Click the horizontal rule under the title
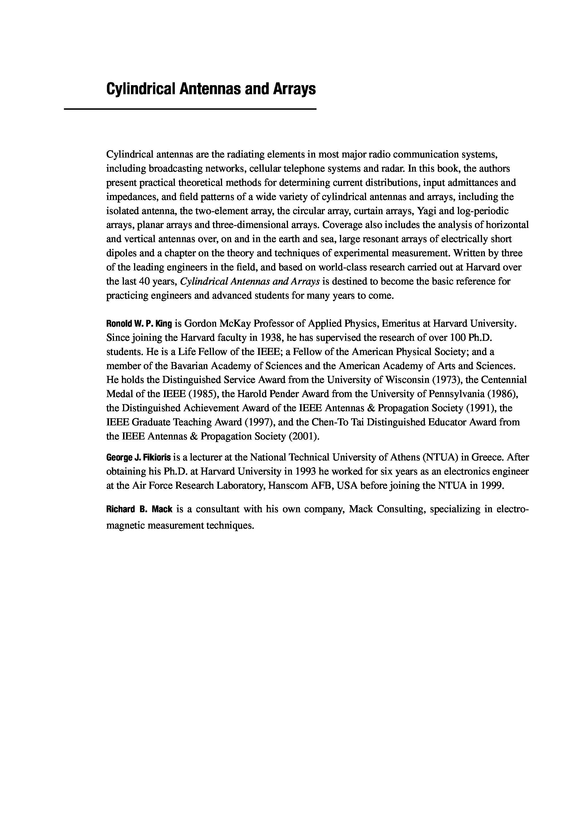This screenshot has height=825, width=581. coord(190,109)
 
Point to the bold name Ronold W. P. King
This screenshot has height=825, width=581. coord(139,324)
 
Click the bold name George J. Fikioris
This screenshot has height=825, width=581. coord(138,457)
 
